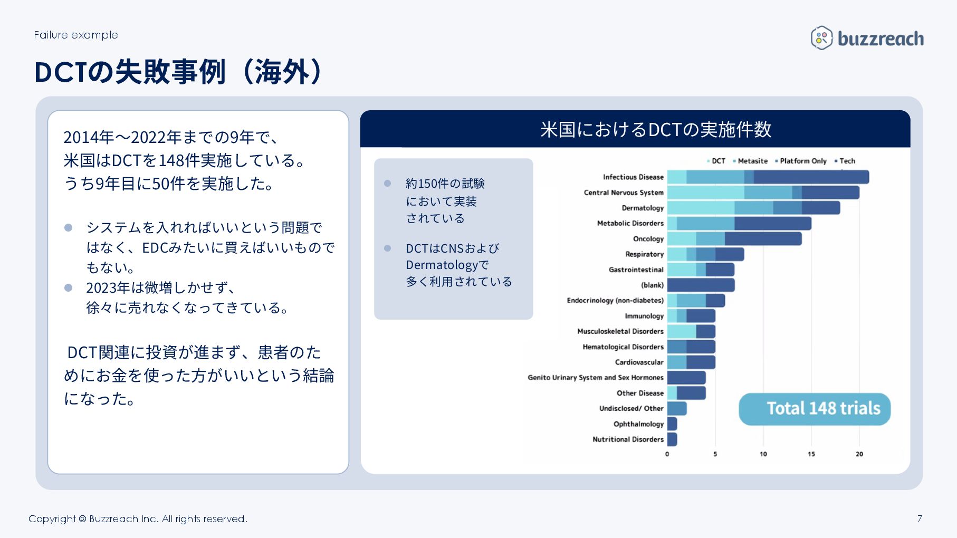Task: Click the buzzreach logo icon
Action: (821, 38)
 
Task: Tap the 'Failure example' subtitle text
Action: (76, 35)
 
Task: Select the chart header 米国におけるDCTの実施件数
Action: (656, 129)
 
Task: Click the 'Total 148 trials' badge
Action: (814, 409)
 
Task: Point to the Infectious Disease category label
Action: (633, 177)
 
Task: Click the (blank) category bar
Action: (701, 285)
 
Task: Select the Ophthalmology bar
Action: (672, 424)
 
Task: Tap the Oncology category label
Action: (648, 239)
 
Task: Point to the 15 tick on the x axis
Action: (811, 454)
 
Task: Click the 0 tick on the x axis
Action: (667, 454)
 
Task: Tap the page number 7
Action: (920, 518)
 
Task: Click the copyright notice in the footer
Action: (138, 519)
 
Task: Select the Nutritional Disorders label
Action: (628, 439)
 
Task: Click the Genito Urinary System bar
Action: (686, 378)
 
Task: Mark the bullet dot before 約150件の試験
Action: (387, 184)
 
